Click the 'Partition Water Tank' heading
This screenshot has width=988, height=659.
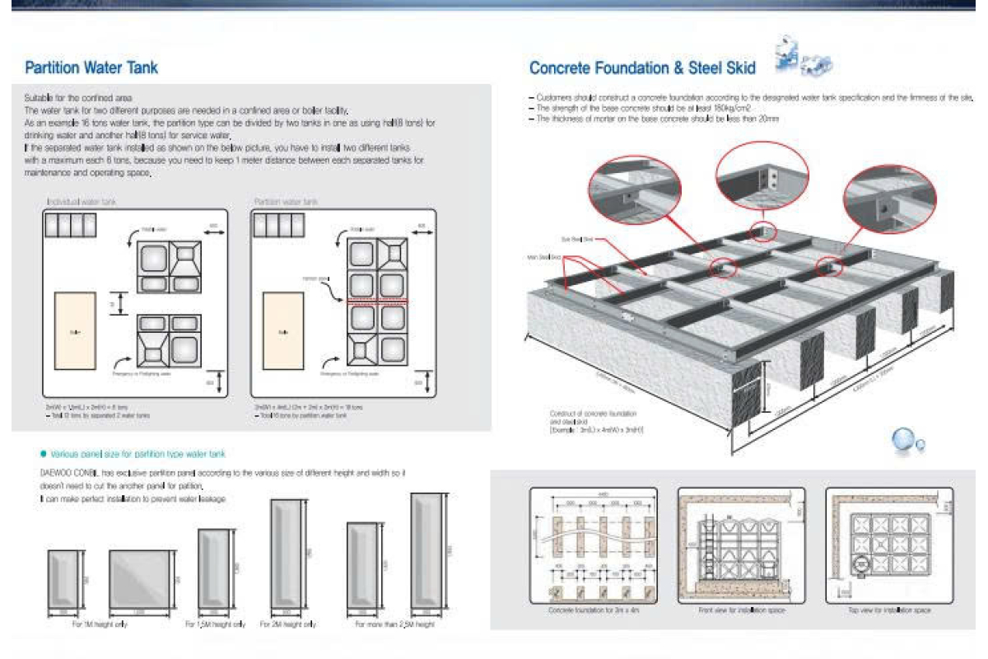click(91, 68)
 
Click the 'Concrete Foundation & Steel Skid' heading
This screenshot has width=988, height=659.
click(644, 68)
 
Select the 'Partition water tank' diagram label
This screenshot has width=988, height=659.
click(286, 201)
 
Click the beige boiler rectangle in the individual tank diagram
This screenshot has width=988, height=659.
click(75, 331)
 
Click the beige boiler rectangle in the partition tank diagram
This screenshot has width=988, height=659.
click(283, 331)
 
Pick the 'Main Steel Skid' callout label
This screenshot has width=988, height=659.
click(543, 257)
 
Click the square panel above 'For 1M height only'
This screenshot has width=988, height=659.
click(141, 579)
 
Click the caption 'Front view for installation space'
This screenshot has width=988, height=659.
click(741, 610)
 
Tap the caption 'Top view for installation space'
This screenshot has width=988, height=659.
click(889, 610)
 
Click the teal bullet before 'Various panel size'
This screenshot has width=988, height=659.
click(43, 454)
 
